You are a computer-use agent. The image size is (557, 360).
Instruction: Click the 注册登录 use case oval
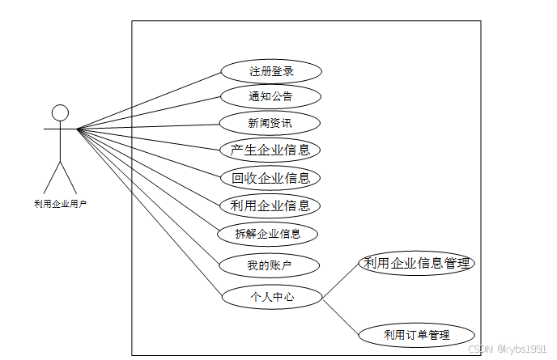[x=271, y=71]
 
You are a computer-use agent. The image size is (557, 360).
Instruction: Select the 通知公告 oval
[x=271, y=97]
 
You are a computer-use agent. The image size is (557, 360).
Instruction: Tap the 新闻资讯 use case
[x=271, y=123]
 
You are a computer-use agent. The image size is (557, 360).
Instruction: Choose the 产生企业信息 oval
[x=270, y=150]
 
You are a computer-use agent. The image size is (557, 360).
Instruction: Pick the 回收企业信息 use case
[x=270, y=178]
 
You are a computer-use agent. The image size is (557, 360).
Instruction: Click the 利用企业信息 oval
[x=270, y=205]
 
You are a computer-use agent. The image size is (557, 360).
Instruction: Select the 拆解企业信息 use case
[x=268, y=234]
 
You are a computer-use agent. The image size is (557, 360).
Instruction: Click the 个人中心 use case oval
[x=271, y=297]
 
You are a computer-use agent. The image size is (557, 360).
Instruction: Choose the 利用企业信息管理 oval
[x=416, y=264]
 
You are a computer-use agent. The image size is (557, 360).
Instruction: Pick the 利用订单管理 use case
[x=417, y=334]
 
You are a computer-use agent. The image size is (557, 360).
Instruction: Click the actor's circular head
[x=60, y=112]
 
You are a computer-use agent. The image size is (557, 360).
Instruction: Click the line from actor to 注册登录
[x=150, y=100]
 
